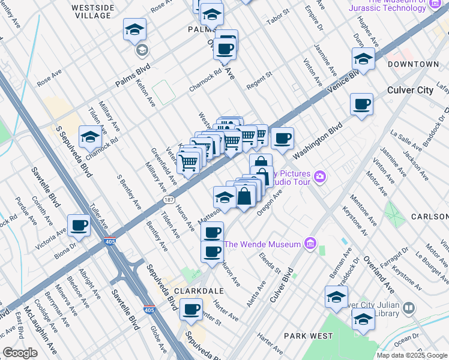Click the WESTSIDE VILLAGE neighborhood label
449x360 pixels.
pyautogui.click(x=92, y=12)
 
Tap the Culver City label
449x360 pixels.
pyautogui.click(x=410, y=90)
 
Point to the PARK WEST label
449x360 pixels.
pyautogui.click(x=307, y=336)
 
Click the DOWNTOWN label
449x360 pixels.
pyautogui.click(x=413, y=64)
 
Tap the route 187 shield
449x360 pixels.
pyautogui.click(x=169, y=199)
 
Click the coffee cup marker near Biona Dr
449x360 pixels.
pyautogui.click(x=79, y=226)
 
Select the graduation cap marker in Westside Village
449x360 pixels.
pyautogui.click(x=135, y=29)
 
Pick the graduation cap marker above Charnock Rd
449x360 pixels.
pyautogui.click(x=90, y=137)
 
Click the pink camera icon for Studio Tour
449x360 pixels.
pyautogui.click(x=321, y=176)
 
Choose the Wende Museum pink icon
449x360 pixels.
pyautogui.click(x=310, y=244)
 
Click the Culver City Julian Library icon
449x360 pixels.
pyautogui.click(x=409, y=308)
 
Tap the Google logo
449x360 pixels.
pyautogui.click(x=20, y=353)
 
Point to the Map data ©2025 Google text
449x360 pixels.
pyautogui.click(x=412, y=355)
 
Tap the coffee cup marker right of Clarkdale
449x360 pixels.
pyautogui.click(x=191, y=310)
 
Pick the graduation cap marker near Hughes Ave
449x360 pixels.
pyautogui.click(x=363, y=59)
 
